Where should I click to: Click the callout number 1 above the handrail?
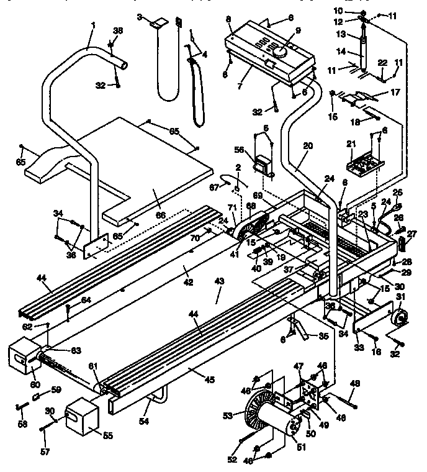click(x=93, y=25)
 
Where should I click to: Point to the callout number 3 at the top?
click(x=140, y=17)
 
